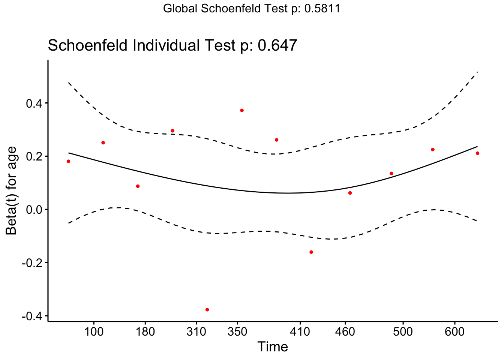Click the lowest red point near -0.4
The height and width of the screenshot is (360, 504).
point(207,310)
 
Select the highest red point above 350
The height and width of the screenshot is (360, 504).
point(242,110)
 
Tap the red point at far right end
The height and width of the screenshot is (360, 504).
point(477,153)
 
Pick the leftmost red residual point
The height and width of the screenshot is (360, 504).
point(68,161)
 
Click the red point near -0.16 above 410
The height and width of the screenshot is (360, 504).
point(311,252)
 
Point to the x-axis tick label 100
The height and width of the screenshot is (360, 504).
point(93,332)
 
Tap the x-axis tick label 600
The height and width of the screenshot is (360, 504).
point(455,332)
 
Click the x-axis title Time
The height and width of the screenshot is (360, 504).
point(273,347)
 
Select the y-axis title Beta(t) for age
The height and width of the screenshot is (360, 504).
point(12,190)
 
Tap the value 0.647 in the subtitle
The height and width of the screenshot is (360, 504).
point(277,46)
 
